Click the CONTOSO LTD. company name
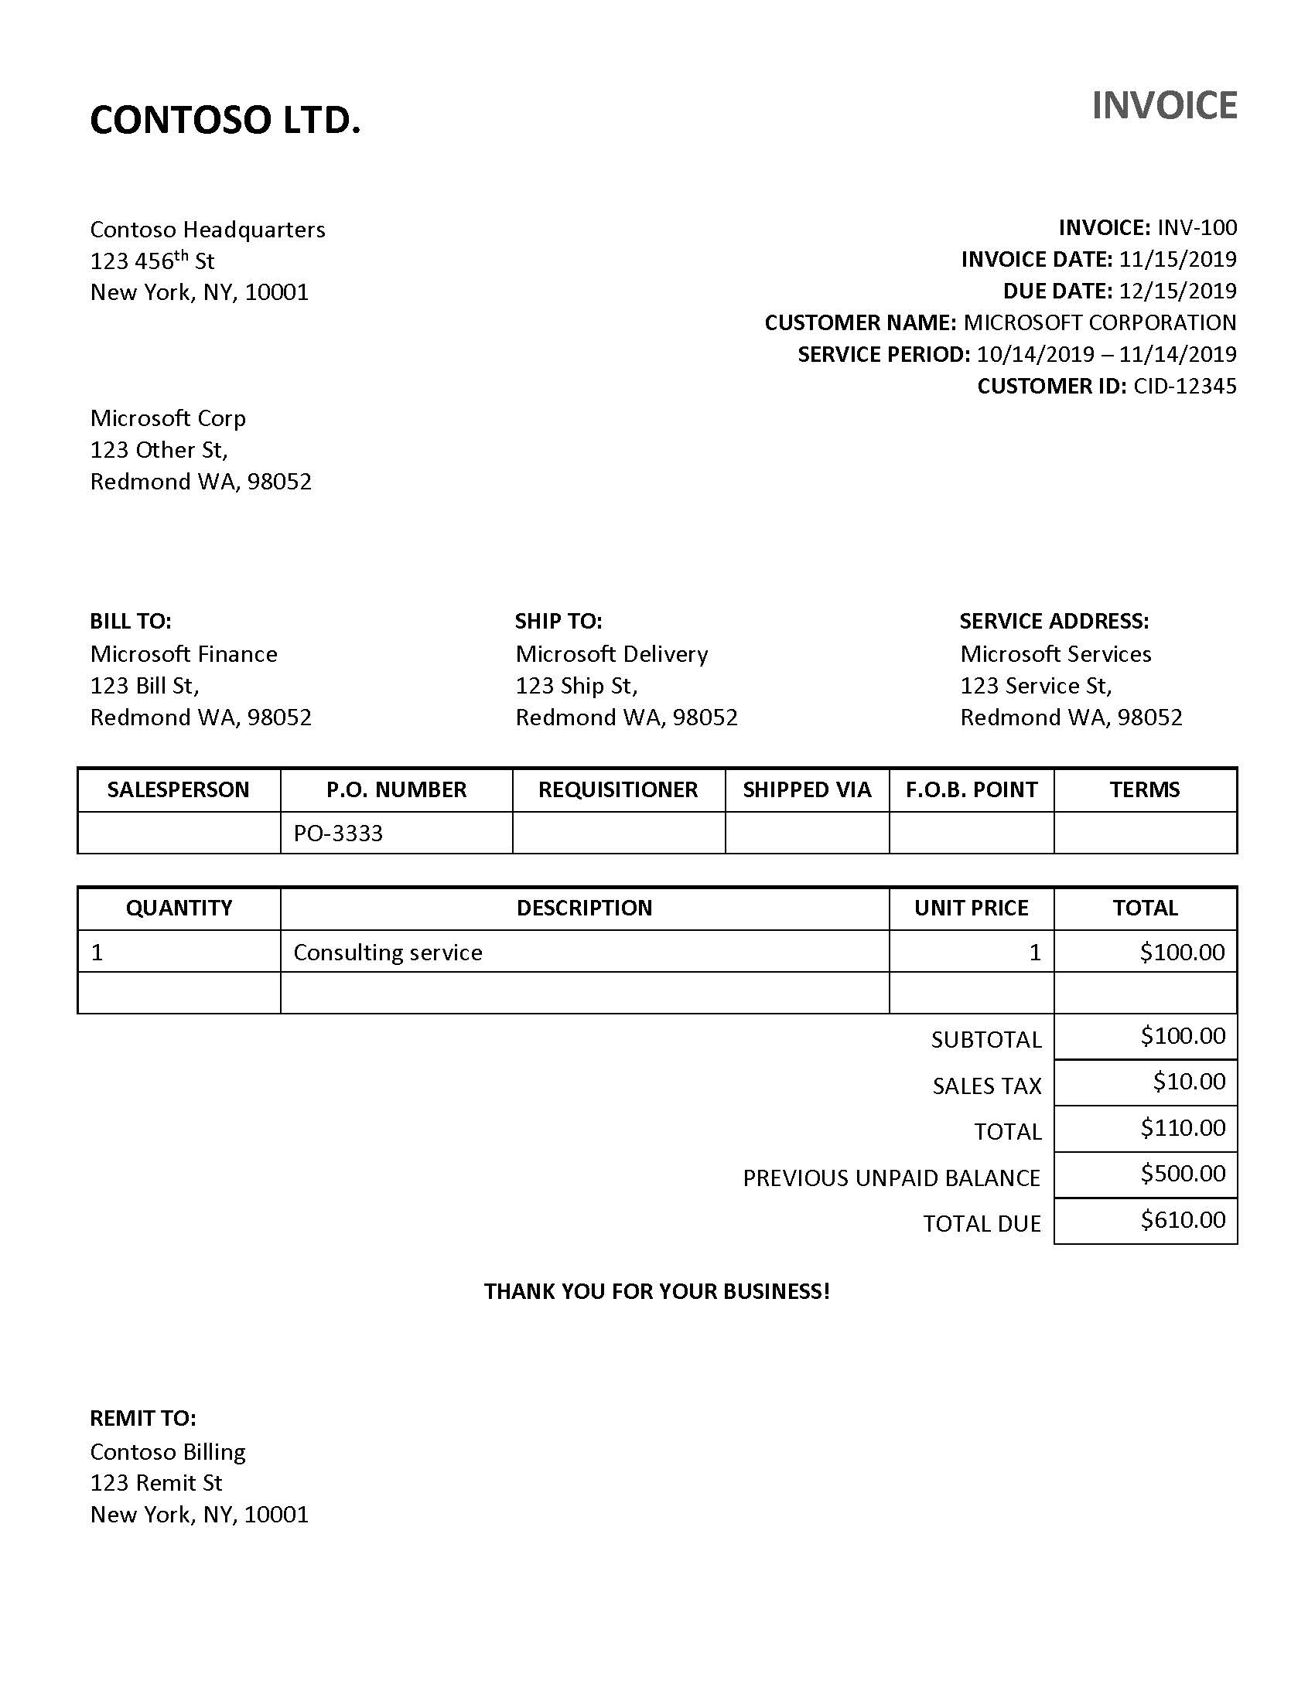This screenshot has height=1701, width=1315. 225,121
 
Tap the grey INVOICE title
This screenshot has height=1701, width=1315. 1164,106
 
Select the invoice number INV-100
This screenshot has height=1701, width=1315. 1197,227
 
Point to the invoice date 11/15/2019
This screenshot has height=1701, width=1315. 1177,259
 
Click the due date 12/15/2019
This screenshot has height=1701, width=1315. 1177,291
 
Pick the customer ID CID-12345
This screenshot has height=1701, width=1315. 1184,387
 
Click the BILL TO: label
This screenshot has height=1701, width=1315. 130,621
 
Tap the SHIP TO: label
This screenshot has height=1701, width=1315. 558,621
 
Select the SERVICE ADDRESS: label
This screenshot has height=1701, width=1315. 1054,621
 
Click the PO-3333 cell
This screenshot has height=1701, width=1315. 338,833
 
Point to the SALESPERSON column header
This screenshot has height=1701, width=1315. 179,789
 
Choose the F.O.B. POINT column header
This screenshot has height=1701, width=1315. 971,789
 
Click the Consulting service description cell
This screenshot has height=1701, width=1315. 388,952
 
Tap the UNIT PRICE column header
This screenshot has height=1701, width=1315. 971,908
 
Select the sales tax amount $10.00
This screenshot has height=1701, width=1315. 1189,1082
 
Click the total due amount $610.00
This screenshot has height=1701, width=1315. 1183,1219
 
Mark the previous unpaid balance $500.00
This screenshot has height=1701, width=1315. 1183,1173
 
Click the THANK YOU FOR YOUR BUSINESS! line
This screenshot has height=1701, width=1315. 657,1291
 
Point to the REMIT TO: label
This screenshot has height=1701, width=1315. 142,1418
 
